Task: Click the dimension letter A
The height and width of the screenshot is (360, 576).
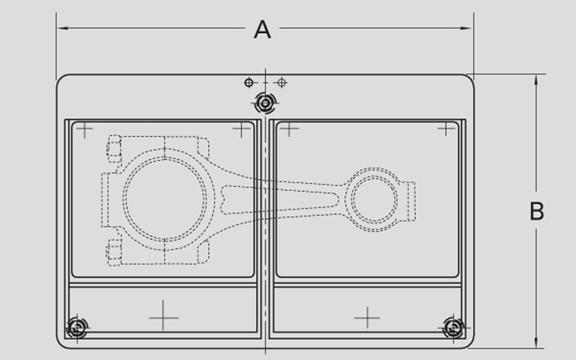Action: [263, 30]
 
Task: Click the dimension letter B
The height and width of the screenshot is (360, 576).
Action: [536, 212]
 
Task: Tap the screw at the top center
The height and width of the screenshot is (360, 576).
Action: [265, 104]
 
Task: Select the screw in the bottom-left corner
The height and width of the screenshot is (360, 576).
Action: [76, 328]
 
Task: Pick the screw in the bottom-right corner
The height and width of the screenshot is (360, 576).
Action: [453, 328]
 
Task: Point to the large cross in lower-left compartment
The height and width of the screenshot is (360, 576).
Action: [163, 315]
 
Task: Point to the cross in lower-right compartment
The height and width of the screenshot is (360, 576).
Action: [367, 317]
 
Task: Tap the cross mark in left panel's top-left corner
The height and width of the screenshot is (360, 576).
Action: [85, 130]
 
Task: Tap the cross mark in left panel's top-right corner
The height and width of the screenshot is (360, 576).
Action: [242, 130]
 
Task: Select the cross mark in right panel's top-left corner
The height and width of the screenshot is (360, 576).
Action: [289, 130]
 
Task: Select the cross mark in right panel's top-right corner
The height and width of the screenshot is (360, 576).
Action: [447, 130]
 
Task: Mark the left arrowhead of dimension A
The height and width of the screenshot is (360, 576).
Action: [61, 29]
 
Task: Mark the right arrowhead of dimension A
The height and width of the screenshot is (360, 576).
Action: [469, 29]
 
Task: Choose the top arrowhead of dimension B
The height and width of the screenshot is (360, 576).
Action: [536, 78]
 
